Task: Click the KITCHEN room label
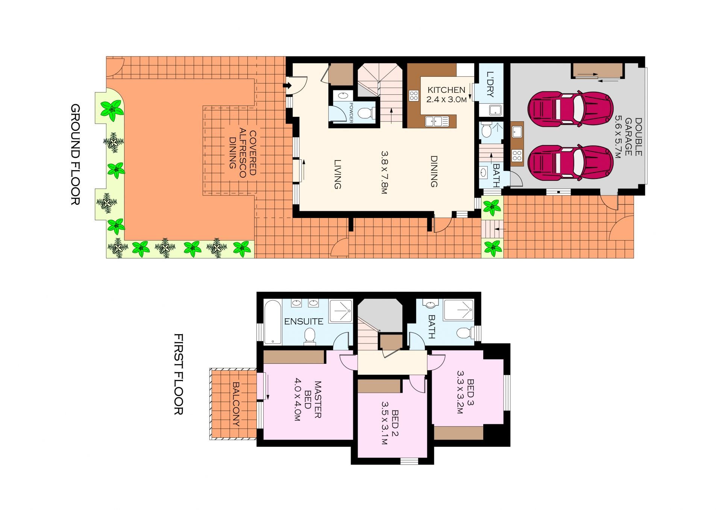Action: tap(446, 90)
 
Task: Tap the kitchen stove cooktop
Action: tap(414, 95)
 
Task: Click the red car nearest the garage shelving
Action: tap(570, 109)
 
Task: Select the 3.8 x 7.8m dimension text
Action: tap(384, 172)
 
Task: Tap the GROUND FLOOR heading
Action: tap(75, 154)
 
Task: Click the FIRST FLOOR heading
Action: tap(178, 374)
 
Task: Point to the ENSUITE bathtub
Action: tap(272, 322)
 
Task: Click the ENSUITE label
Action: tap(303, 322)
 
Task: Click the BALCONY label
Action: tap(236, 404)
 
